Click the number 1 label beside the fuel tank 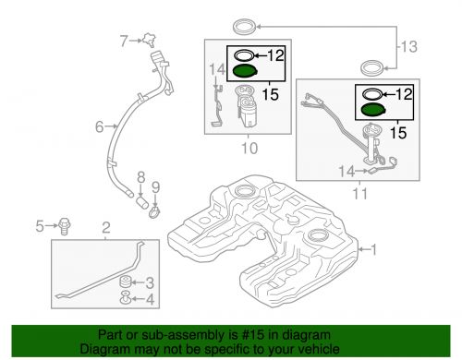click(373, 248)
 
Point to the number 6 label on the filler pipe click(99, 128)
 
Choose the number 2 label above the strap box click(105, 226)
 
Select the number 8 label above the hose click(141, 175)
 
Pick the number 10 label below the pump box click(248, 148)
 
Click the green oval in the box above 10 click(246, 71)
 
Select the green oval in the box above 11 click(373, 110)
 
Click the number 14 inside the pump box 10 click(216, 69)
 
